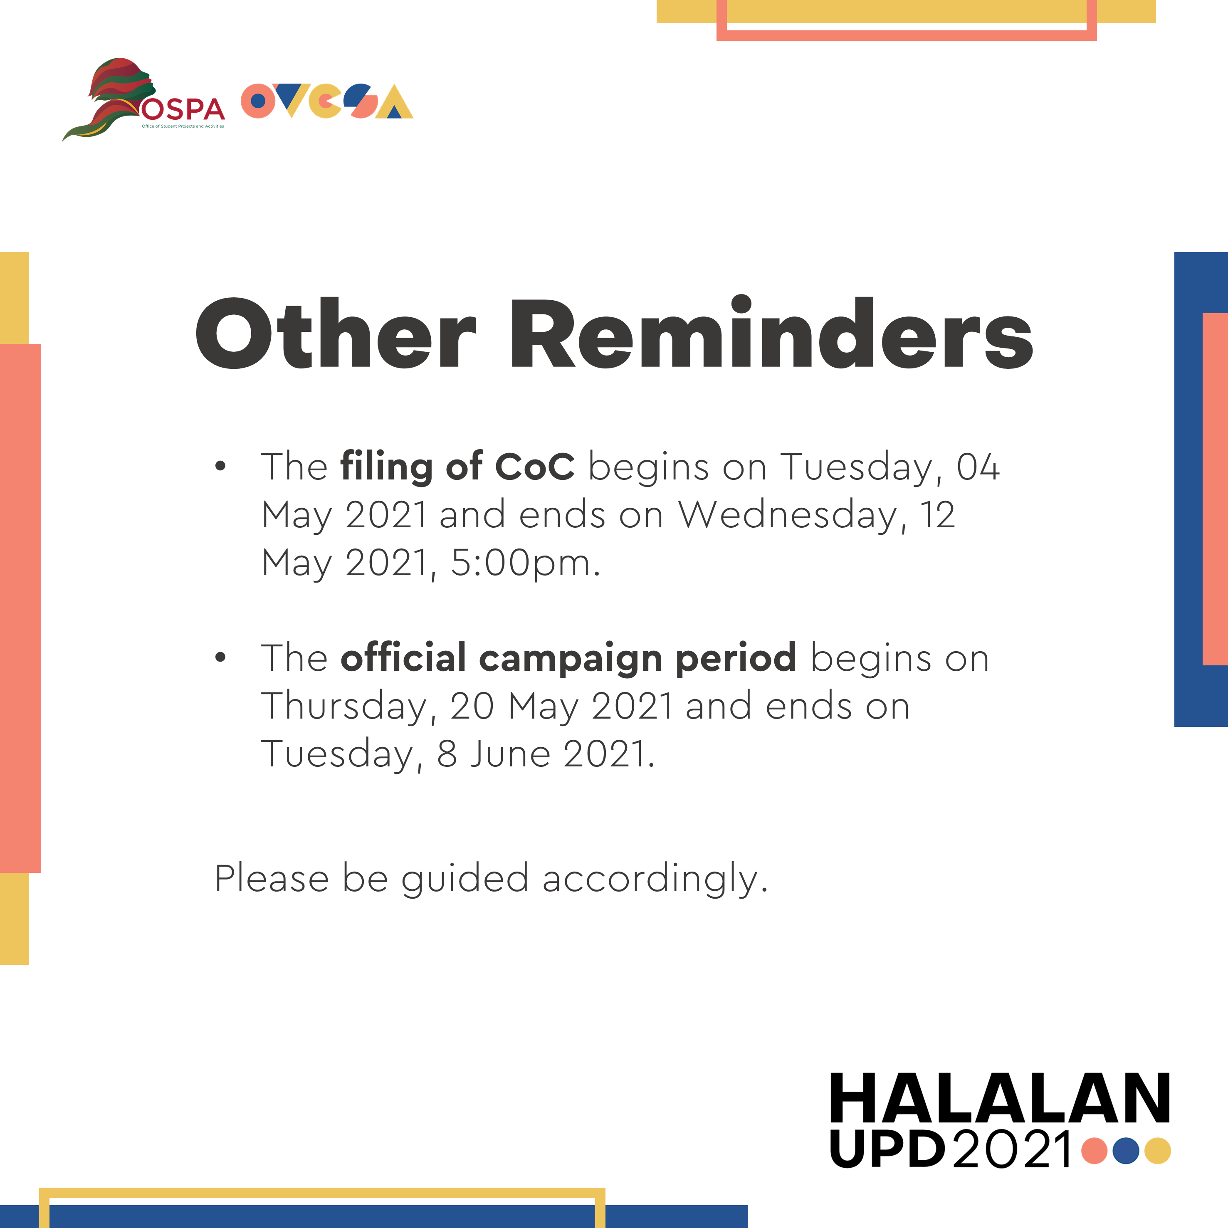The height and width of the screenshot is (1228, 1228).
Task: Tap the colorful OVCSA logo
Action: point(327,101)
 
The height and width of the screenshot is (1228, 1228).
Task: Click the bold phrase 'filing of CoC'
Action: point(457,467)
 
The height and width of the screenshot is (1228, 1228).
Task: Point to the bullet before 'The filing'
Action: point(220,467)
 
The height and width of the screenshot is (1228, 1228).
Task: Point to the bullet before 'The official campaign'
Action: point(220,658)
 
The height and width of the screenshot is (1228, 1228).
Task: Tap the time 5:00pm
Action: point(525,563)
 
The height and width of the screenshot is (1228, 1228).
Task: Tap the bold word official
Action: point(404,657)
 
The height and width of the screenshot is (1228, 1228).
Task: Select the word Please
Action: point(272,878)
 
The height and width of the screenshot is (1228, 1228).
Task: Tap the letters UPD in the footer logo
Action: point(887,1149)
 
